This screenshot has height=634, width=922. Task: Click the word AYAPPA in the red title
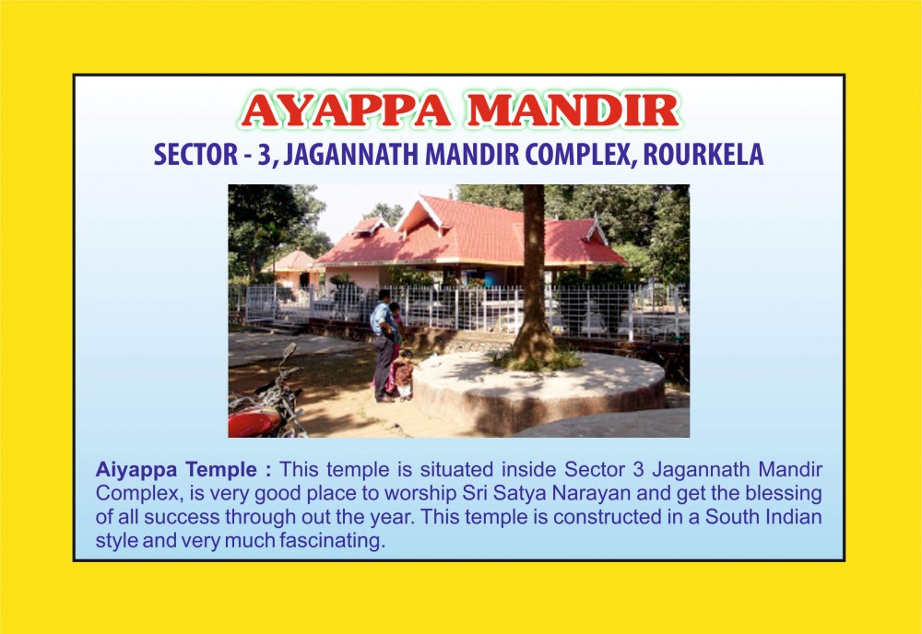346,111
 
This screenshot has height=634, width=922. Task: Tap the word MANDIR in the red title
573,111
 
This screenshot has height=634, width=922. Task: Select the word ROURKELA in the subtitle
703,155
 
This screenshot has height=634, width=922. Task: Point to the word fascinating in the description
332,541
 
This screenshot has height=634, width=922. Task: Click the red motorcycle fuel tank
253,421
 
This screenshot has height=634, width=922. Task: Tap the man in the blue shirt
383,345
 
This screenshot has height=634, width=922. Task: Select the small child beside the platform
404,374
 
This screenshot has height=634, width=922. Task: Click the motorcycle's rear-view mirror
289,351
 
